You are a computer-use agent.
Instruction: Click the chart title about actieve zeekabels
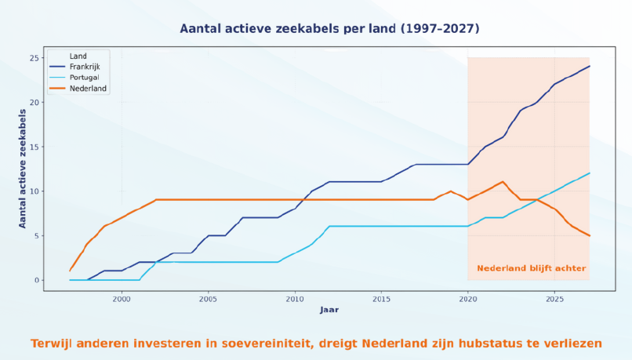click(329, 28)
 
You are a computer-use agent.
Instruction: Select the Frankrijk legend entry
click(85, 67)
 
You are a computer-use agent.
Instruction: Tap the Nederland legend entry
click(88, 89)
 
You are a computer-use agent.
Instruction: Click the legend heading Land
click(78, 56)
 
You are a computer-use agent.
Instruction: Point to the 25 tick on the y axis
click(35, 58)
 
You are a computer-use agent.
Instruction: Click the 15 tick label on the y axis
click(35, 147)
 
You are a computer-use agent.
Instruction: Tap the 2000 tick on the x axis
click(122, 299)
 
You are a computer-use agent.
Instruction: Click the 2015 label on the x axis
click(381, 299)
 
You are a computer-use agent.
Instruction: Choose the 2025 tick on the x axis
click(554, 299)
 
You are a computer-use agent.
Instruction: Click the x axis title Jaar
click(329, 310)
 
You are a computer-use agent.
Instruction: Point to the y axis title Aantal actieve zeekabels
click(23, 169)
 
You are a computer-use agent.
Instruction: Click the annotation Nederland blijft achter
click(531, 268)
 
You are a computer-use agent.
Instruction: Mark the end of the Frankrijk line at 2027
click(590, 66)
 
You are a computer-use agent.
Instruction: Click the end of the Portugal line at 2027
click(590, 173)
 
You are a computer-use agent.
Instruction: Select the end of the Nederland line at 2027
click(590, 235)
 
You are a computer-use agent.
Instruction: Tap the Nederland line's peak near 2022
click(503, 182)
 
